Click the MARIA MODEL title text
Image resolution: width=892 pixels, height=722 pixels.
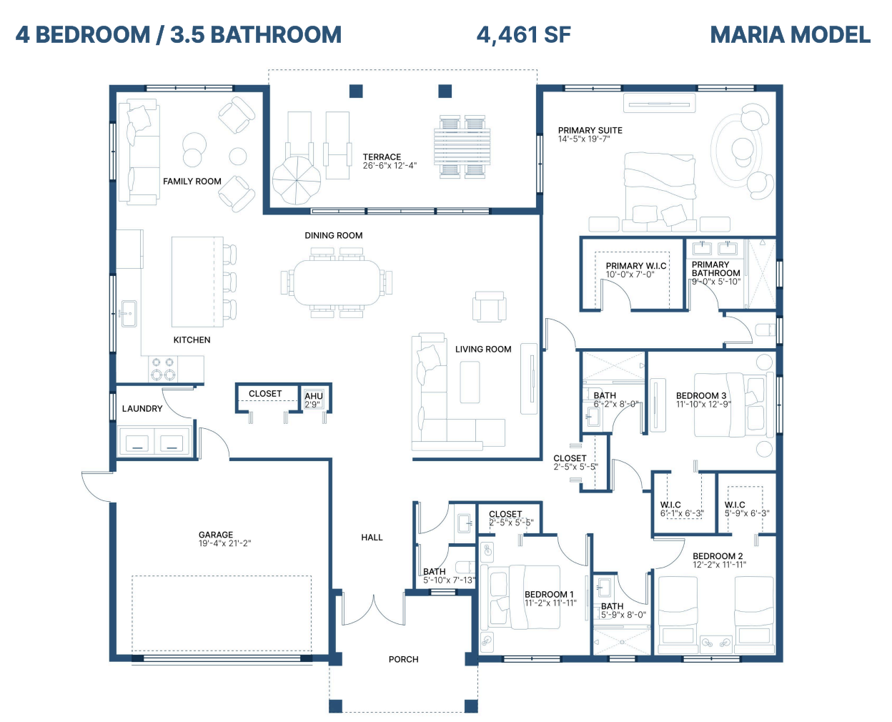791,35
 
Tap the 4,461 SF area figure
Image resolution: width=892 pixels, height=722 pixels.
523,35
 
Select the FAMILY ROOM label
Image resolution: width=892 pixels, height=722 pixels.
192,182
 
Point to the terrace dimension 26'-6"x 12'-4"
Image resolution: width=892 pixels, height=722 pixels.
390,165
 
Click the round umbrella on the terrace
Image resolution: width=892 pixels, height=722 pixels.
297,180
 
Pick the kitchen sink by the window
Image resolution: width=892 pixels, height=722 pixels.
129,313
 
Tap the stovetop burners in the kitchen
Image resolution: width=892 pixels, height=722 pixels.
163,369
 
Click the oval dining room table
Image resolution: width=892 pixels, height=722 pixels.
337,282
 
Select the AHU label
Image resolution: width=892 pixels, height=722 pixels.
314,396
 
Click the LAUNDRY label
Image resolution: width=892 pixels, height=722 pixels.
142,409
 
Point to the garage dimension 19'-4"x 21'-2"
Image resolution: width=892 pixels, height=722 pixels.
224,543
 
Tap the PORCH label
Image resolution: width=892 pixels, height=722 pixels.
403,660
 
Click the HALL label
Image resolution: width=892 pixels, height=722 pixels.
372,538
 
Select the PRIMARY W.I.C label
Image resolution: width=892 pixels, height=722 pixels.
635,266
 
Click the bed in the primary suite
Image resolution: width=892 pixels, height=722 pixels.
659,192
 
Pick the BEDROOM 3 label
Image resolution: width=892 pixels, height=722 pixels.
701,396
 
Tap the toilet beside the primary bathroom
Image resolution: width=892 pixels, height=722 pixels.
765,330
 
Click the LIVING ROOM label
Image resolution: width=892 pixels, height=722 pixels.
483,350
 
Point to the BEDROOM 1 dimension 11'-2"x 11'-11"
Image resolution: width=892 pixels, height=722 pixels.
550,603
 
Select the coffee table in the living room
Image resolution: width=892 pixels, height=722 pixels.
470,382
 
